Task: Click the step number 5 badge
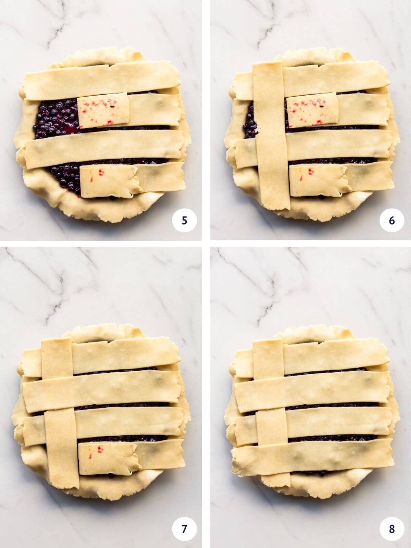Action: tap(184, 221)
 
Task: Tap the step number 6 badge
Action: tap(392, 221)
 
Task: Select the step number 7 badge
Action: tap(184, 529)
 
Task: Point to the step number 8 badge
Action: tap(392, 529)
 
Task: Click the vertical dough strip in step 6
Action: tap(271, 137)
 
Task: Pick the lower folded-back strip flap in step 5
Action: tap(110, 182)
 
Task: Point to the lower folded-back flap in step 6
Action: tap(319, 182)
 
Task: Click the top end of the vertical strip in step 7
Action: tap(57, 356)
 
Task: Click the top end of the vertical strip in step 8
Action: tap(267, 356)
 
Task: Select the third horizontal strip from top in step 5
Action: tap(103, 149)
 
